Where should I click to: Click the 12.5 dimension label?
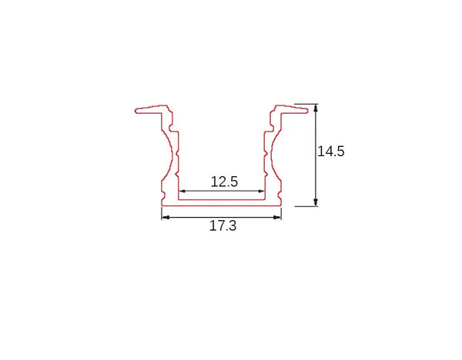[224, 182]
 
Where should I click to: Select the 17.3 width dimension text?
[223, 228]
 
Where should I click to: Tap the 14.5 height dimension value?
[330, 152]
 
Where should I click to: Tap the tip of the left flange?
[136, 111]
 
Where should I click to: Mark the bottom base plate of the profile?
[222, 203]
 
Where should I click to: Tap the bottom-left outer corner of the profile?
[162, 206]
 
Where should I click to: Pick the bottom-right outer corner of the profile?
[282, 206]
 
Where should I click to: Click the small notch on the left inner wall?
[178, 156]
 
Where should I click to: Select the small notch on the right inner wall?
[266, 156]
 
